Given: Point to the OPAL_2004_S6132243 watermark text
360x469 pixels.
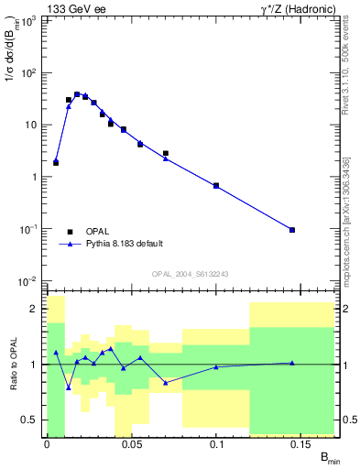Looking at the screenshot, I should click(x=191, y=274).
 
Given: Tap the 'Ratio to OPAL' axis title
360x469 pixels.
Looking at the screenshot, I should click(x=14, y=365).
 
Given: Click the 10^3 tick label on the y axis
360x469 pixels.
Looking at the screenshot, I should click(x=28, y=20).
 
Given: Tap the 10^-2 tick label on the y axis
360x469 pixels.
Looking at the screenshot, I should click(x=27, y=281).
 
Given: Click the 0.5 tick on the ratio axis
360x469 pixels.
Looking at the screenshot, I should click(x=29, y=420).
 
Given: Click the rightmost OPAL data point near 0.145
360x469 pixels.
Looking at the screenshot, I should click(x=292, y=230).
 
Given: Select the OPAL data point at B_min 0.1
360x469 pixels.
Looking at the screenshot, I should click(x=216, y=186).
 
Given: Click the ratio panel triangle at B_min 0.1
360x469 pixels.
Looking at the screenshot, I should click(x=216, y=366).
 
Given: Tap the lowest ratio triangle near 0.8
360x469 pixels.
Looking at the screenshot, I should click(x=69, y=387).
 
